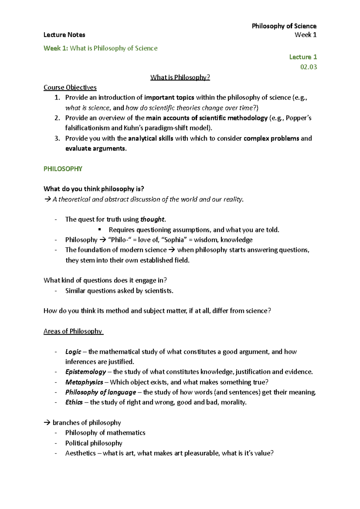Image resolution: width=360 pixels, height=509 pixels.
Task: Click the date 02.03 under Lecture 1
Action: click(308, 67)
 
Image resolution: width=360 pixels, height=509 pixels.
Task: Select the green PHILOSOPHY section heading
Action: click(63, 169)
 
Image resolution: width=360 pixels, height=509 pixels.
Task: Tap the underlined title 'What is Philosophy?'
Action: click(180, 77)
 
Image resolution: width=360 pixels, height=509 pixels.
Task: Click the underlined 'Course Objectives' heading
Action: click(70, 88)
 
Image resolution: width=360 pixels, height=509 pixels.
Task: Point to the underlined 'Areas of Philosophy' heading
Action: click(73, 331)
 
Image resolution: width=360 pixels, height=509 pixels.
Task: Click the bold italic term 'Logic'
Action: click(73, 352)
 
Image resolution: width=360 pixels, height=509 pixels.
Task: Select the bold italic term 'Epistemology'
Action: click(85, 372)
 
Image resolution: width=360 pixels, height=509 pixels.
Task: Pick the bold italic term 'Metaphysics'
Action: click(84, 382)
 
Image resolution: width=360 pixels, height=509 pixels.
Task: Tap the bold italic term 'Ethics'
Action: click(74, 402)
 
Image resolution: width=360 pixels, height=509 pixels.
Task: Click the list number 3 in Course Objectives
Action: click(57, 138)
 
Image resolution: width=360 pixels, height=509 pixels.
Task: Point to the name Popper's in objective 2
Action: click(298, 118)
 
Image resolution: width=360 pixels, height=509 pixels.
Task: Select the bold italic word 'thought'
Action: click(152, 219)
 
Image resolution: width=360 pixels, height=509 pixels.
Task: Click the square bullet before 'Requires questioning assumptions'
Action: click(100, 230)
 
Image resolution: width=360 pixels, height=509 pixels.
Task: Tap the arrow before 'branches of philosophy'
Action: click(47, 423)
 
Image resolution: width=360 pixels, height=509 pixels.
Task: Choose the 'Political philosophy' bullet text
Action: click(94, 443)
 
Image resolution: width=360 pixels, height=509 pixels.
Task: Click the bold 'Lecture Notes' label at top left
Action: click(64, 35)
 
